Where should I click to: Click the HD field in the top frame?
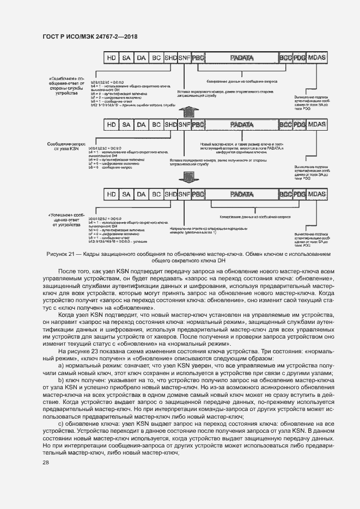pos(112,57)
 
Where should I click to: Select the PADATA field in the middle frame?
pos(242,125)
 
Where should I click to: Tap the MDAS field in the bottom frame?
pos(318,194)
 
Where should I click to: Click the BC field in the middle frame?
pos(156,125)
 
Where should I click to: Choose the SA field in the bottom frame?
pos(126,194)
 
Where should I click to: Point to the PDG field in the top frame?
pos(300,57)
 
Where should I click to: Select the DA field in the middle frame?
pos(141,125)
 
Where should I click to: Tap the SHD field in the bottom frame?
pos(170,194)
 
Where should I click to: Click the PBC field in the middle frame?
pos(198,125)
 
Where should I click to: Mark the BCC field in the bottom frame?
pos(285,194)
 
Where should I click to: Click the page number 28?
pos(46,463)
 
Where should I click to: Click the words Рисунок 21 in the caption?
pos(62,254)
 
